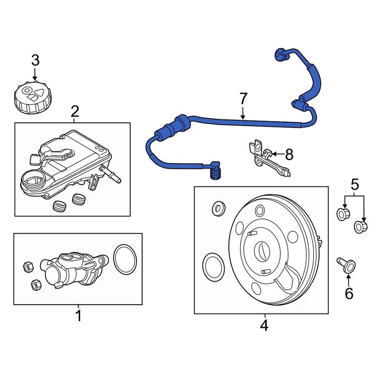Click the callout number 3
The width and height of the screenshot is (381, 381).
35,61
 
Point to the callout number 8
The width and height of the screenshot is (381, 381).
289,154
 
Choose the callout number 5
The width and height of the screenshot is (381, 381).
354,184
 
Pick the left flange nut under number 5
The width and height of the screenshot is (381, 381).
343,214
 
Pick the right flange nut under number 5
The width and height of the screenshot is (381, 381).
360,227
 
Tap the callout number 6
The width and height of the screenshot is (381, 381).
349,294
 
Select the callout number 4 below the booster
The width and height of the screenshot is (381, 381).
264,325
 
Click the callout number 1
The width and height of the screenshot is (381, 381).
78,316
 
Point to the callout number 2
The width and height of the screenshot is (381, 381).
75,112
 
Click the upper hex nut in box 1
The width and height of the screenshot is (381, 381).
29,266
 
